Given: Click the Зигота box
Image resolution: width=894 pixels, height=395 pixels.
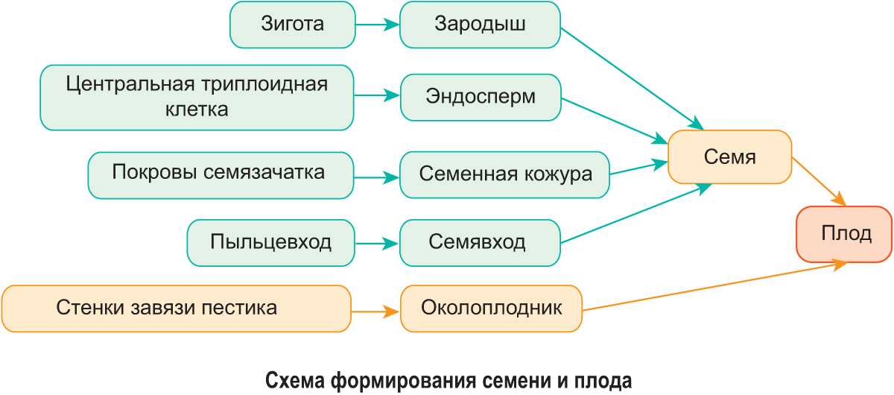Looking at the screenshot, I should pos(292,25).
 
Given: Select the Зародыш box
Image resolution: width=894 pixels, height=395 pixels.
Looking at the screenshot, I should pos(480,25).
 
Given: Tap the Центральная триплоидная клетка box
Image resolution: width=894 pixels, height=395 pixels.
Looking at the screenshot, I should pos(197,96).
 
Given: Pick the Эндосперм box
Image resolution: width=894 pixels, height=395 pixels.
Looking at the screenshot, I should pos(480,97).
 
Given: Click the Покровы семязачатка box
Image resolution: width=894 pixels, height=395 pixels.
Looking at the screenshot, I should pos(219,174).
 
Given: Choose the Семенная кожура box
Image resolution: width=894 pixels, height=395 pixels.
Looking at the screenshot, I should pos(504,175).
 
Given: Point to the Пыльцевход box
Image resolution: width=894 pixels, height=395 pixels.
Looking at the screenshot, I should pos(270,242).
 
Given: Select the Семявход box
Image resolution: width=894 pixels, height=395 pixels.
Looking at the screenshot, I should pos(480,242).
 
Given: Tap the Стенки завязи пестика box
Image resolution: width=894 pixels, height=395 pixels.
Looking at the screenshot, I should pos(176,308).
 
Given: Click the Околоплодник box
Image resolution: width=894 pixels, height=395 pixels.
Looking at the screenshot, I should pos(491,309).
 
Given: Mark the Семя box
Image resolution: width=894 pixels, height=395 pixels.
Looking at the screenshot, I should pos(729,157).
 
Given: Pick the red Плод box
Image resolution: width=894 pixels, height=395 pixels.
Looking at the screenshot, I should pos(845,235).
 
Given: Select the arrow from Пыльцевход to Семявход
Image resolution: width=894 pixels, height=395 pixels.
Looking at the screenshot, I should pos(377,243).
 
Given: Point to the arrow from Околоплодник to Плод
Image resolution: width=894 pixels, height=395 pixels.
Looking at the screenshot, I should pos(715,286).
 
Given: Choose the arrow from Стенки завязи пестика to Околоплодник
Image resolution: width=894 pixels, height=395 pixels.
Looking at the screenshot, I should pos(375,309).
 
